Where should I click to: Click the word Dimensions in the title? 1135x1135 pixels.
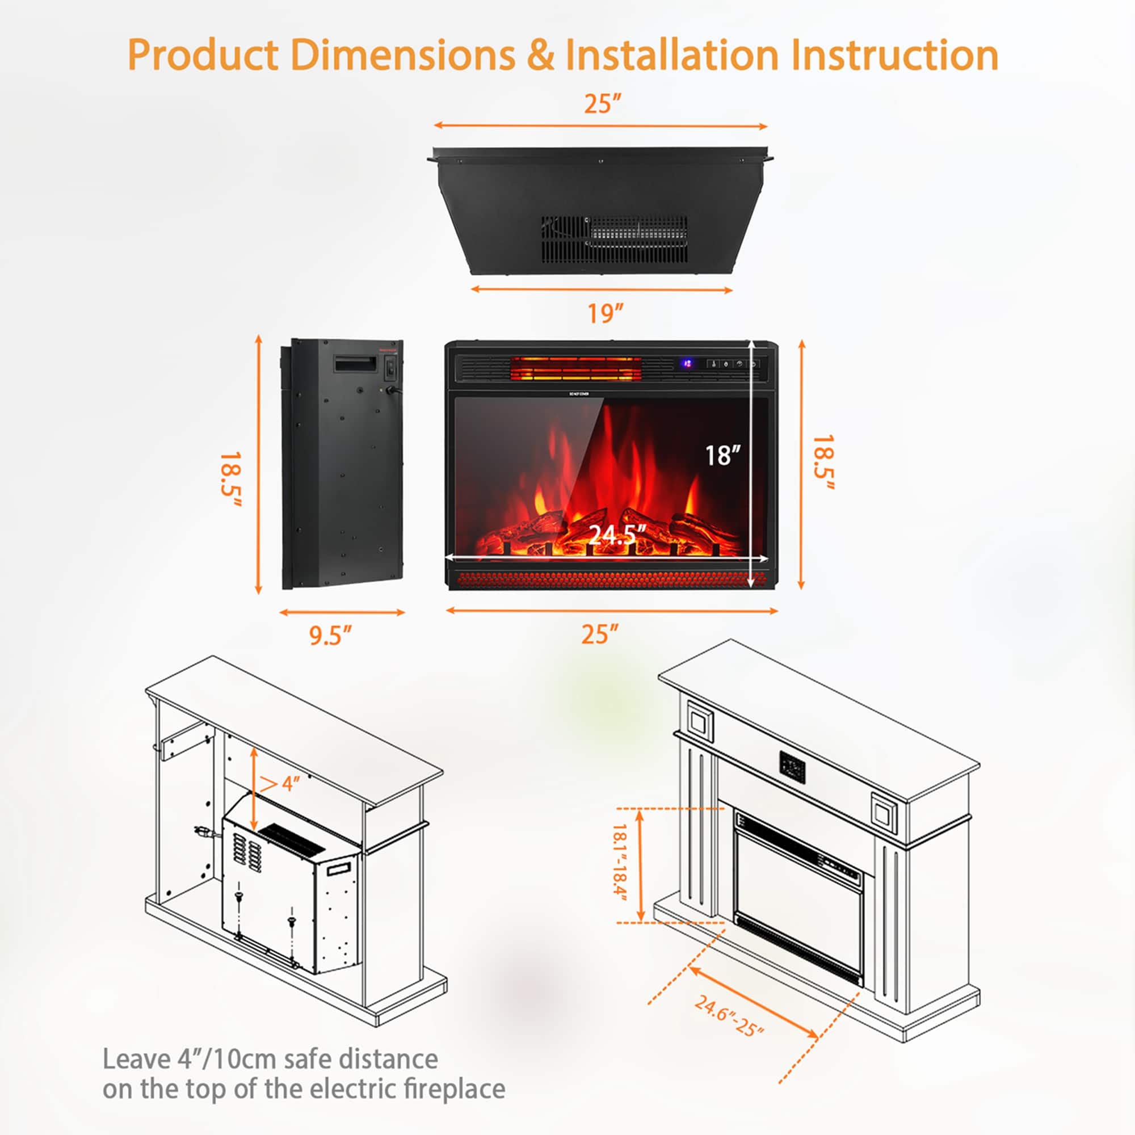402,55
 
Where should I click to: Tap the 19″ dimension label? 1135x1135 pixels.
605,313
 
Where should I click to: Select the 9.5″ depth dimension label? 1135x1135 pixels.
330,636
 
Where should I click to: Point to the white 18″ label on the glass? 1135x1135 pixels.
722,455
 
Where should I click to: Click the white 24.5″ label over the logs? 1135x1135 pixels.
617,534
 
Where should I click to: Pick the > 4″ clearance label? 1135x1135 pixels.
280,783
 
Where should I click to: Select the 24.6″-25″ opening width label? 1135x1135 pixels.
729,1015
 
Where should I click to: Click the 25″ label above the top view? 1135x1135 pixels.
602,104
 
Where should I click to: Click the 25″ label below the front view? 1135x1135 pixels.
600,634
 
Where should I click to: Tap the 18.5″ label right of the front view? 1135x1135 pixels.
823,463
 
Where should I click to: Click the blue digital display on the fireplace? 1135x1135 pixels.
686,364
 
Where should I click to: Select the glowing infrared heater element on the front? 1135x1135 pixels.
575,368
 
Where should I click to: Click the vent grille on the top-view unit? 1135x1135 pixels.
615,239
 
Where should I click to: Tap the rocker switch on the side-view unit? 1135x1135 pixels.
389,368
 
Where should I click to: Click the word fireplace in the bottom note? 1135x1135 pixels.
454,1088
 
